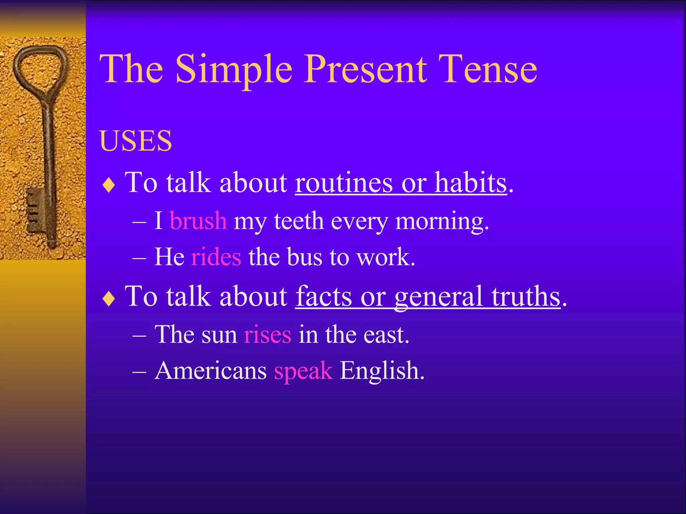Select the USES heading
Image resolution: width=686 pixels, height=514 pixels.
(136, 141)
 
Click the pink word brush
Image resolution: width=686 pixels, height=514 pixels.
(198, 221)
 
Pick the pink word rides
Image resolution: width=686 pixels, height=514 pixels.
(216, 257)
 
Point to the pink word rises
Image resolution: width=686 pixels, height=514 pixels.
(267, 335)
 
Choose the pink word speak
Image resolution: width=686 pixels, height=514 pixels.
(303, 371)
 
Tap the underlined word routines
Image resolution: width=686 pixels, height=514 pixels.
(343, 183)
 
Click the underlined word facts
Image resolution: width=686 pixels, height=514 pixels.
(323, 296)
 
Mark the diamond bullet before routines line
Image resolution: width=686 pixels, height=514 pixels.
(109, 185)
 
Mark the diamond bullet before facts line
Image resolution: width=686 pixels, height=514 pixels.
(109, 299)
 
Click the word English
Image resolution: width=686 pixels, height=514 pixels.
(382, 371)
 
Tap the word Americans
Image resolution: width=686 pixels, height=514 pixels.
(211, 371)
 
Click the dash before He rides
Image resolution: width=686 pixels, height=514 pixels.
(139, 258)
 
